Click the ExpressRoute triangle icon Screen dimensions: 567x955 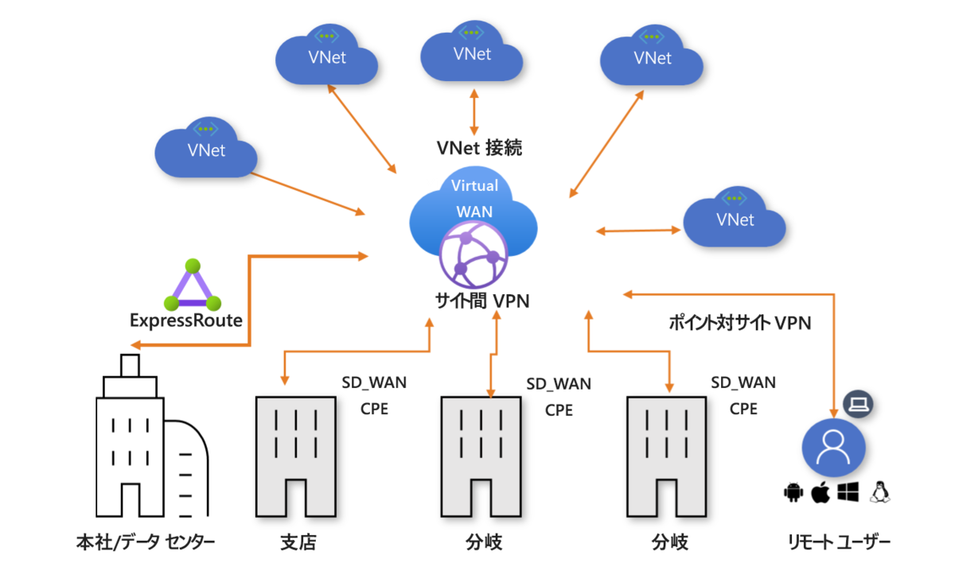coord(191,285)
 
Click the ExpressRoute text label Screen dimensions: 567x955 coord(185,320)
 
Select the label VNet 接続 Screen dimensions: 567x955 coord(480,148)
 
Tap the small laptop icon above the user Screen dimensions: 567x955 coord(858,405)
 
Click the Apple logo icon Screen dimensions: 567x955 coord(821,493)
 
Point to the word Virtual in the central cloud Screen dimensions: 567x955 coord(474,186)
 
